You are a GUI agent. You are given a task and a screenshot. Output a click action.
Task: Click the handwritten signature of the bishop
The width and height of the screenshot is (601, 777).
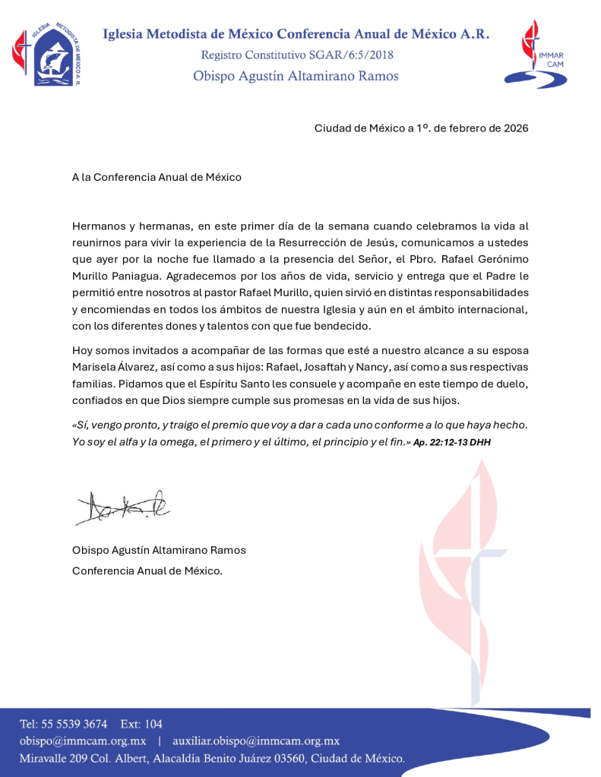click(x=122, y=503)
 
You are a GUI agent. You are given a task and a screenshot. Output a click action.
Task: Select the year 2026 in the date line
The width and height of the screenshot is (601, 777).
click(x=514, y=128)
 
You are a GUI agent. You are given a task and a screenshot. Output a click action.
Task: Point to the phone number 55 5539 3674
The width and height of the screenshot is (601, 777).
click(x=74, y=724)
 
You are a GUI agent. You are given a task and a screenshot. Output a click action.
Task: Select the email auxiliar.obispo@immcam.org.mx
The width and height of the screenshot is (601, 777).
click(x=256, y=741)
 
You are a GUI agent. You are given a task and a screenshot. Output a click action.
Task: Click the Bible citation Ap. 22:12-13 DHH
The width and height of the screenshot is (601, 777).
click(x=452, y=441)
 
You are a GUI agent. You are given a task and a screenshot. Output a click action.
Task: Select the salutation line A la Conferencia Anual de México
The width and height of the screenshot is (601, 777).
click(x=157, y=178)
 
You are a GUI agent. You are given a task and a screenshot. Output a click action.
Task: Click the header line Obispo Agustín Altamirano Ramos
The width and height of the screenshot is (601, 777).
click(x=296, y=76)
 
